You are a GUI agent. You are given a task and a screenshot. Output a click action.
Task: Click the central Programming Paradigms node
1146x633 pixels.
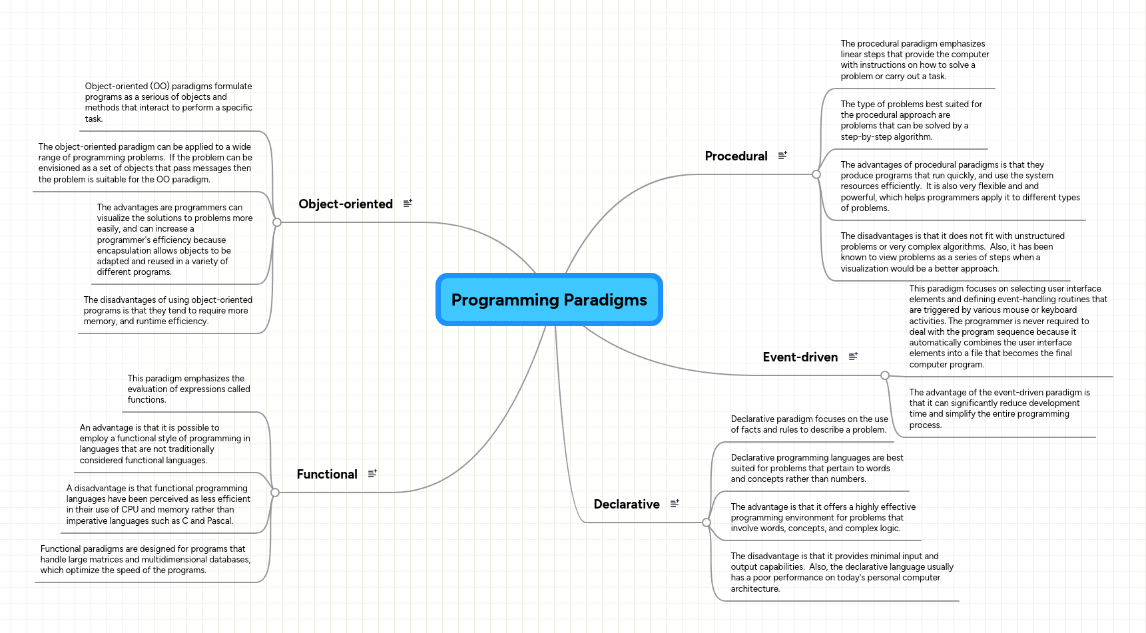click(x=549, y=300)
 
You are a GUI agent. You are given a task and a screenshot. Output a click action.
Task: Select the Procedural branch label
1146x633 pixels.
click(x=736, y=156)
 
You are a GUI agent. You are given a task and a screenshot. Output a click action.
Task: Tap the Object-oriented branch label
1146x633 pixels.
click(x=346, y=204)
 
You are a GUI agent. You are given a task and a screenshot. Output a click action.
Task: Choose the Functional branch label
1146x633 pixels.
click(x=327, y=474)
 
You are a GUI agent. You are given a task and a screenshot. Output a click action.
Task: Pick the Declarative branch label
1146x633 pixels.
click(x=627, y=504)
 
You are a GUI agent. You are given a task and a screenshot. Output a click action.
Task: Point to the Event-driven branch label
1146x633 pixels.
click(x=800, y=357)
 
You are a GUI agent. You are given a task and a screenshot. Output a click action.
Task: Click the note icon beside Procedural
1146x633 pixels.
click(x=782, y=155)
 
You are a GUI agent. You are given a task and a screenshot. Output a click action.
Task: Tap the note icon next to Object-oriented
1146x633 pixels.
click(x=408, y=203)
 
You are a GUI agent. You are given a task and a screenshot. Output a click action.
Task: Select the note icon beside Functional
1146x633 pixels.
click(x=372, y=473)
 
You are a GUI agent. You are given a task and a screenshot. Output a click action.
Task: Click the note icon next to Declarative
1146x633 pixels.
click(x=675, y=503)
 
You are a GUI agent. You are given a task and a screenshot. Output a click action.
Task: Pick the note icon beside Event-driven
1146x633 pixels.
click(x=853, y=356)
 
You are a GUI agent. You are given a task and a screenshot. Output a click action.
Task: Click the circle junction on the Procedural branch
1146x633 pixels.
click(x=816, y=174)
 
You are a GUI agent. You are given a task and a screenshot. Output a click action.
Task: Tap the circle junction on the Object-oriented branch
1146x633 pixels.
click(x=277, y=222)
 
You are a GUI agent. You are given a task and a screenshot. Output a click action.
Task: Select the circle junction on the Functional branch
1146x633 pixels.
click(x=275, y=493)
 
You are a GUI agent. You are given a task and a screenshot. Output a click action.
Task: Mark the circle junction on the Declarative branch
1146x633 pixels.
click(x=707, y=523)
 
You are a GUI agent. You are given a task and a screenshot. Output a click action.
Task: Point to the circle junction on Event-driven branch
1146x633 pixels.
click(x=885, y=375)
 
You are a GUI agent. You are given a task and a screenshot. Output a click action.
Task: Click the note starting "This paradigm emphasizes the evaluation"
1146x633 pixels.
click(x=189, y=389)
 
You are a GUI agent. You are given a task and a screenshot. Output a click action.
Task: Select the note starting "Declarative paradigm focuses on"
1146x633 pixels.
click(x=810, y=425)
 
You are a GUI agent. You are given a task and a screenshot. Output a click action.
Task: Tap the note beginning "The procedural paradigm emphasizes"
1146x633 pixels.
click(x=915, y=60)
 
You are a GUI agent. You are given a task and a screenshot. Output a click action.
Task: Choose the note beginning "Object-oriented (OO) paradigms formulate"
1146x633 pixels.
click(x=168, y=103)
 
